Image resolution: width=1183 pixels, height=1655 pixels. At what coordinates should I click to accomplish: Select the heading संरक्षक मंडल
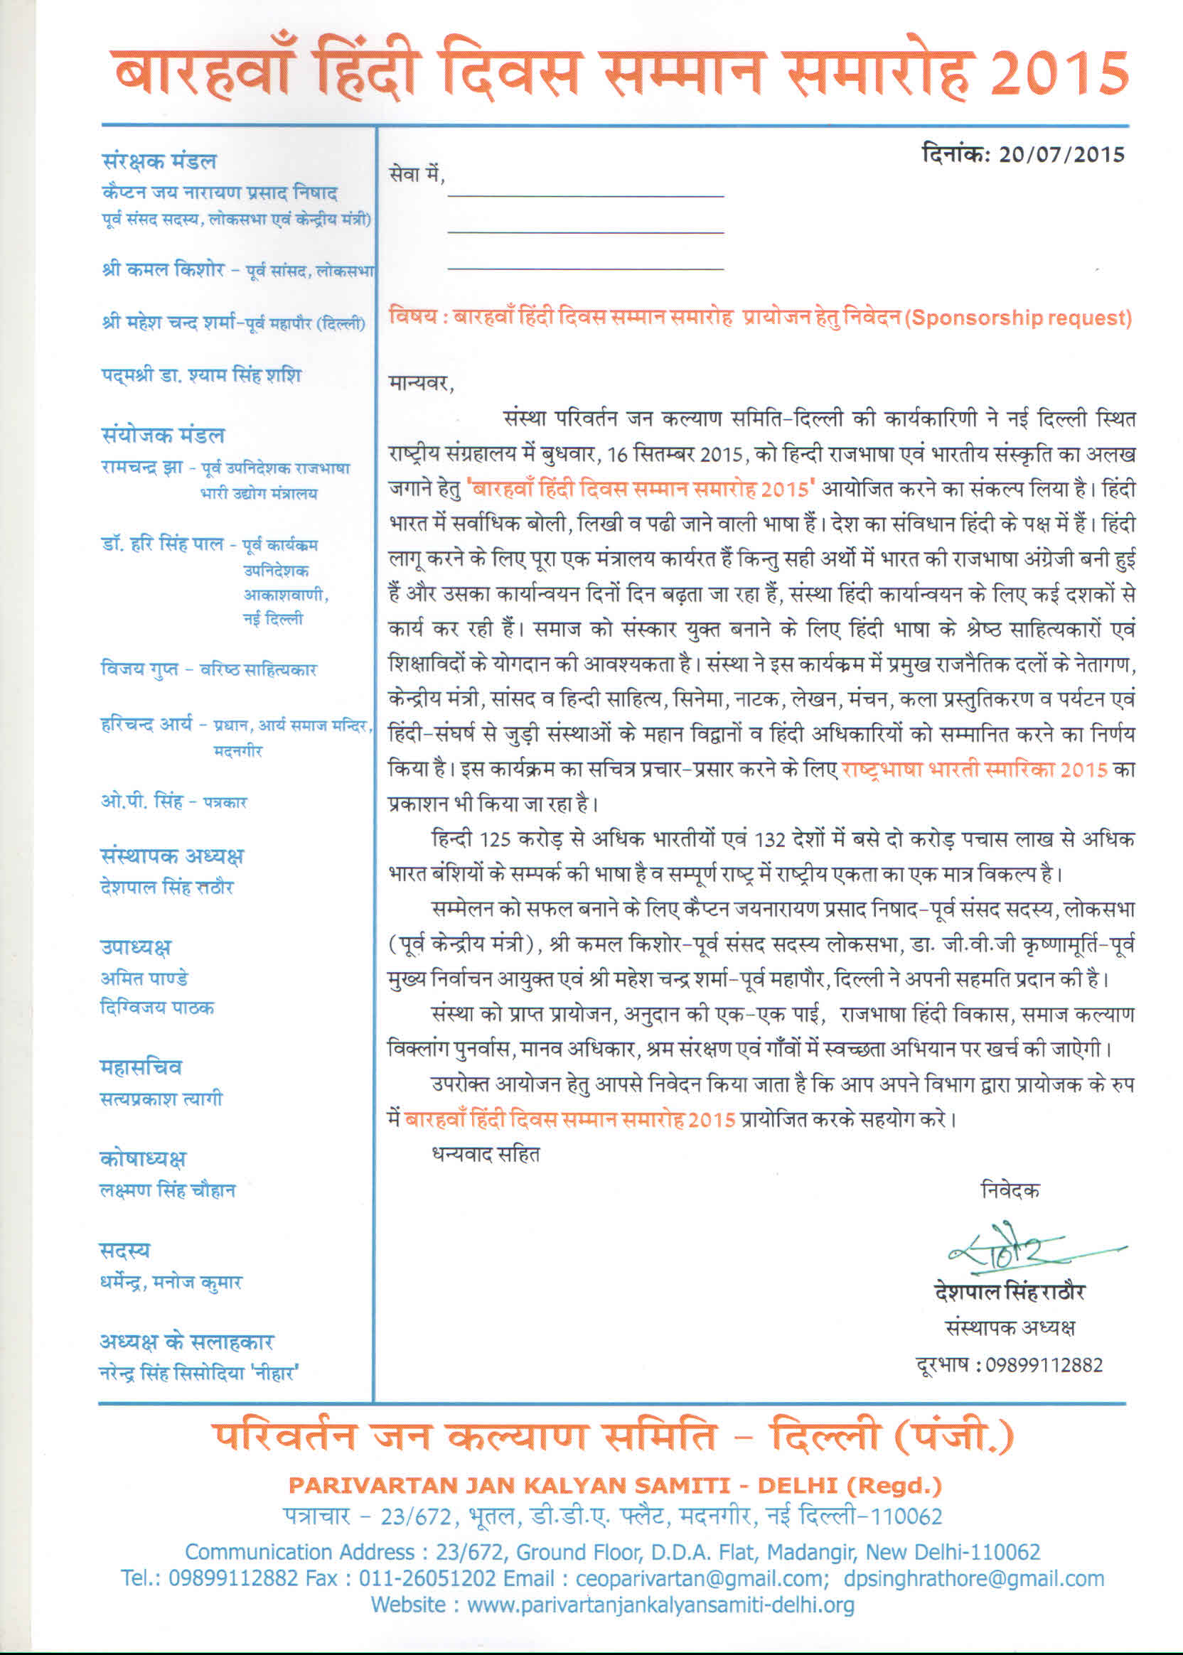click(159, 161)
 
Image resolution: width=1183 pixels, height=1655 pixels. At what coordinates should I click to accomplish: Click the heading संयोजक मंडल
click(162, 436)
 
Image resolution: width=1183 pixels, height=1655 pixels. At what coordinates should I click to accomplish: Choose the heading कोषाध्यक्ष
click(143, 1158)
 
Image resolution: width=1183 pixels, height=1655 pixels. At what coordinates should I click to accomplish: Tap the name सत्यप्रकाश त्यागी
click(161, 1099)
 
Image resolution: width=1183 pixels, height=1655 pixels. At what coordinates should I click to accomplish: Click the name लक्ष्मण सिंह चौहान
click(168, 1190)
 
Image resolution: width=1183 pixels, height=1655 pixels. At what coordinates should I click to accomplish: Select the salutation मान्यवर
click(421, 383)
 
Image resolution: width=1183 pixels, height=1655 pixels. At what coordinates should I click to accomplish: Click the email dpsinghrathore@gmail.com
click(974, 1578)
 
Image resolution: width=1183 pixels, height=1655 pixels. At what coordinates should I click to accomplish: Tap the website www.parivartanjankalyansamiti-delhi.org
click(660, 1605)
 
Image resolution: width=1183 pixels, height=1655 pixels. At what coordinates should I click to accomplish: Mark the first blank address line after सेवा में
click(585, 195)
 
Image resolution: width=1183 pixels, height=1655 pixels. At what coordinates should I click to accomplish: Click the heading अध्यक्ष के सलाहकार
click(186, 1341)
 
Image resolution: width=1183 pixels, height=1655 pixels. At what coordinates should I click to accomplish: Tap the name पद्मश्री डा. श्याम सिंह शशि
click(200, 376)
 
